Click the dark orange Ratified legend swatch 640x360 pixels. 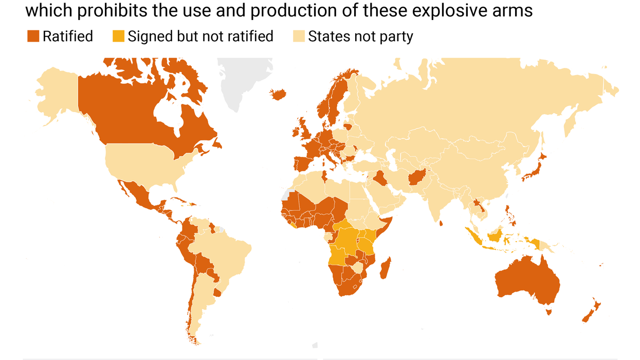(33, 37)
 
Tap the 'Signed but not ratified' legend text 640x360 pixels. (200, 37)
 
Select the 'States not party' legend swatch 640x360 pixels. (299, 37)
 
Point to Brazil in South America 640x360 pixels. (226, 252)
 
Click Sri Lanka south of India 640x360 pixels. (442, 223)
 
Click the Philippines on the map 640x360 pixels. (510, 216)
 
